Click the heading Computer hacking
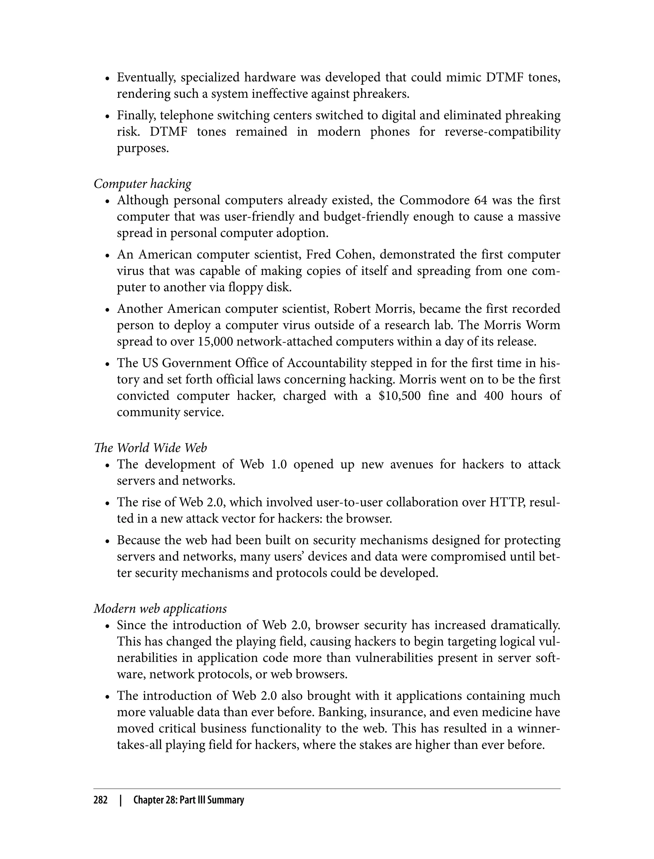click(x=142, y=184)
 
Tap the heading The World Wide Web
click(x=150, y=448)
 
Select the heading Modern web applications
click(x=160, y=608)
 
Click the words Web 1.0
click(x=263, y=464)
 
